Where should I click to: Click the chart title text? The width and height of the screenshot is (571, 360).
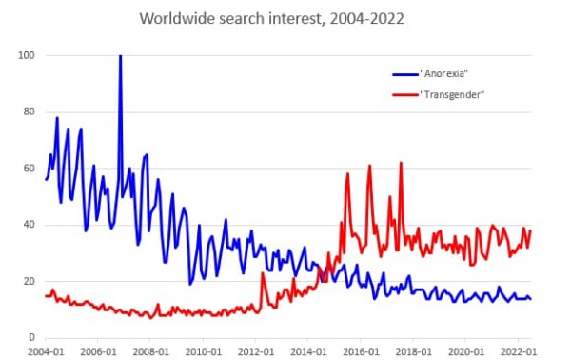point(271,18)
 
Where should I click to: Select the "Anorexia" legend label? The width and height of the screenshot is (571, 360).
point(443,73)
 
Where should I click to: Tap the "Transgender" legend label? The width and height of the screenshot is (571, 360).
point(452,94)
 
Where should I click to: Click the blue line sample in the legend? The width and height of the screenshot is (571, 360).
point(405,74)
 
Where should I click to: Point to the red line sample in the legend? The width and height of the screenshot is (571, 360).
point(405,95)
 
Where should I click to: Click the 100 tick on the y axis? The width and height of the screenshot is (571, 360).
point(27,55)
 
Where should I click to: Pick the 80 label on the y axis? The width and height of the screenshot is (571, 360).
point(30,111)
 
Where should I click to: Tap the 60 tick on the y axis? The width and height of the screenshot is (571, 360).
point(30,169)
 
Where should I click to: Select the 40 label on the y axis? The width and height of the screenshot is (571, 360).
point(30,225)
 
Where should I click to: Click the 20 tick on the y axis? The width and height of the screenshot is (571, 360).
point(30,281)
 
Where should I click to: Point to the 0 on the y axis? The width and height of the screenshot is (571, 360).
point(32,337)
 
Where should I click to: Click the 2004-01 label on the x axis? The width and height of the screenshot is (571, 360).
point(46,352)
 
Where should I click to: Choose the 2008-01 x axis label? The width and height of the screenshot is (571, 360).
point(150,352)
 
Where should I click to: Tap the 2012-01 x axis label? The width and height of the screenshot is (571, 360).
point(256,352)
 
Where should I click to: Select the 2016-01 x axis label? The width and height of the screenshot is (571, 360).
point(361,352)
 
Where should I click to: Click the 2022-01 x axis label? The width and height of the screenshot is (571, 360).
point(519,352)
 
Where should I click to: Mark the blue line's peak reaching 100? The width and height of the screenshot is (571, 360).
point(121,56)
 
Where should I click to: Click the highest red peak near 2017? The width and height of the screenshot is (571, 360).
point(401,163)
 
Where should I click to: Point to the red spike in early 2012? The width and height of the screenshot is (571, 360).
point(263,273)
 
